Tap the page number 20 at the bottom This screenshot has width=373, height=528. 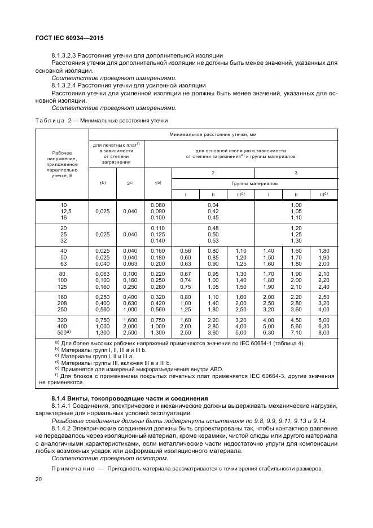click(38, 480)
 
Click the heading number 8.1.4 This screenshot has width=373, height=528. click(61, 399)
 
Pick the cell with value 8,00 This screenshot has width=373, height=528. click(323, 333)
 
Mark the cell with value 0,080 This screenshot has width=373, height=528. click(158, 205)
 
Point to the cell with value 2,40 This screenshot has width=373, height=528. click(323, 287)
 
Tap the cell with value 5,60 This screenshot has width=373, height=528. click(296, 327)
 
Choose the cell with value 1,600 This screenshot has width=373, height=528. click(130, 320)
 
